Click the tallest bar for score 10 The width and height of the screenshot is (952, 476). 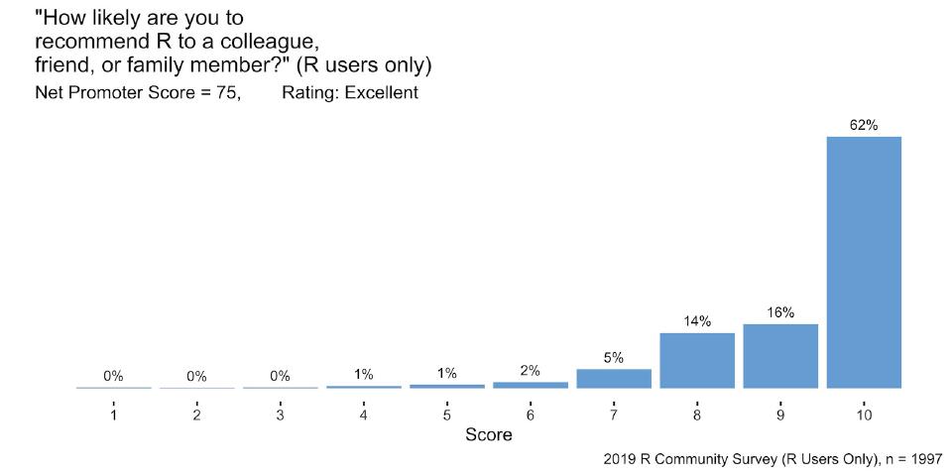864,262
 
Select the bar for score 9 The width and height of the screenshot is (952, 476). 780,356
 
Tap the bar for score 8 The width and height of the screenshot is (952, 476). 697,360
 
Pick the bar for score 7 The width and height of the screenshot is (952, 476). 614,378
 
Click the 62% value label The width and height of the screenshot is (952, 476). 864,125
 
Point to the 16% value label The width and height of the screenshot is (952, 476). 780,312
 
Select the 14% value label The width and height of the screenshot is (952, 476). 697,321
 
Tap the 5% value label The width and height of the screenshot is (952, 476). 614,358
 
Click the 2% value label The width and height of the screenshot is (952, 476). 531,371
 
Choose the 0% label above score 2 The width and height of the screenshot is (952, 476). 196,377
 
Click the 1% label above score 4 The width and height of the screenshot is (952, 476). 364,374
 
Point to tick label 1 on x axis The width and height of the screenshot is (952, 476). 114,416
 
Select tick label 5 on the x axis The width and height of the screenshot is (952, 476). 447,416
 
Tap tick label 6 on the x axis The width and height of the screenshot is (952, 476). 531,416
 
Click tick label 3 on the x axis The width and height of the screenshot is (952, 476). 281,416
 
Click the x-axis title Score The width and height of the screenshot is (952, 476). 489,435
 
